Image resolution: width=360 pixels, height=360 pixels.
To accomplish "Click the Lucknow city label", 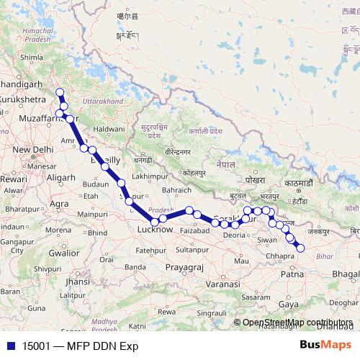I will point(155,230).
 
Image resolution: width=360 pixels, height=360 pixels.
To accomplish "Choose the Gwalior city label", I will point(63,253).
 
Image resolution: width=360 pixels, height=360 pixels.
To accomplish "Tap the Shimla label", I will point(32,58).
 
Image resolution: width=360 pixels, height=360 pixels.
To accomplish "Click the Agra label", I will point(60,204).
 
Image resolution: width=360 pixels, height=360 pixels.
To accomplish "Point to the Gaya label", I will point(289,305).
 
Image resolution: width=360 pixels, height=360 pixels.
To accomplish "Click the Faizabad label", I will point(194,230).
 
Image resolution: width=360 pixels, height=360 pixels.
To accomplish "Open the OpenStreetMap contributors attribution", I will point(297,322).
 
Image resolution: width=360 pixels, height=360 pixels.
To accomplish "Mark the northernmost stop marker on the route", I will point(60,92).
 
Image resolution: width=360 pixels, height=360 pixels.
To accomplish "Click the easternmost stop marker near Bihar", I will point(301,248).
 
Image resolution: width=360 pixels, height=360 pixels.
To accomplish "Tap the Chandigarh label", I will point(27,85).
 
